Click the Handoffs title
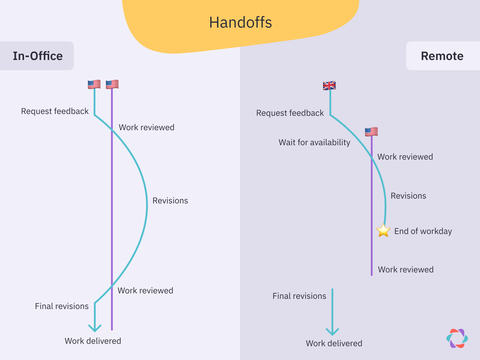pos(240,22)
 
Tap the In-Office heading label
pos(37,56)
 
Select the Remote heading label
pos(442,56)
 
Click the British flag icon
pos(329,86)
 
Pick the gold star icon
pos(383,231)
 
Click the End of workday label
pos(423,231)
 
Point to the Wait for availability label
pos(314,142)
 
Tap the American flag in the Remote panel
pos(371,132)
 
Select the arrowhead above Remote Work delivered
pos(332,332)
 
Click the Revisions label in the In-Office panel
pos(170,201)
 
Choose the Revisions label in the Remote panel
pos(408,196)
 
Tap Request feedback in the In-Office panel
pos(55,111)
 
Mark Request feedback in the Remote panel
pos(290,113)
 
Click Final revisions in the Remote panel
pos(299,296)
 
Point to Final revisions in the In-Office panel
pos(61,306)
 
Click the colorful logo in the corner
pos(457,338)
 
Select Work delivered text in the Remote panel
pos(334,343)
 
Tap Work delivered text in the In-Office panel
pos(93,341)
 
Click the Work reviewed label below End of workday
pos(406,270)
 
